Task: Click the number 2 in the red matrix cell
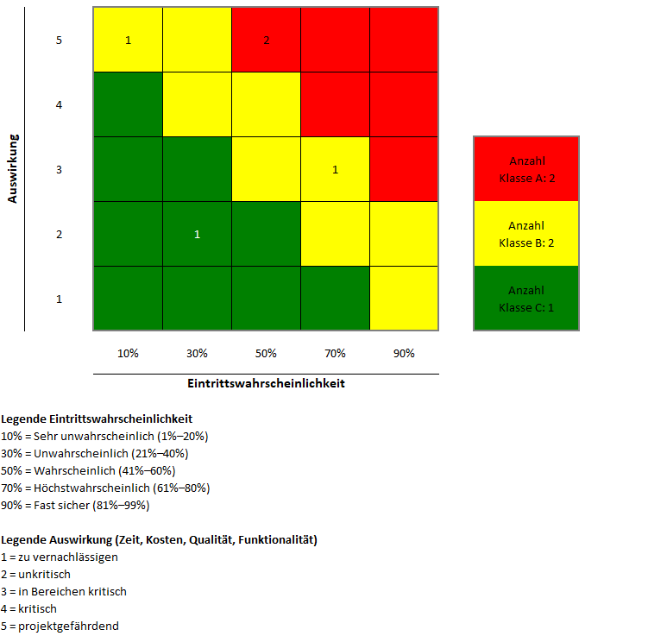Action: point(267,41)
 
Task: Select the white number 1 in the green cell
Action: point(197,235)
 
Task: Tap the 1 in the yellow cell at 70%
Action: point(335,170)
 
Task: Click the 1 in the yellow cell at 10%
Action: point(128,41)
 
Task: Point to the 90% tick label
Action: point(404,354)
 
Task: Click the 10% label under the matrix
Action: point(128,354)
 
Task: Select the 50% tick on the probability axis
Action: point(266,354)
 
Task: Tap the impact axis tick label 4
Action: point(59,105)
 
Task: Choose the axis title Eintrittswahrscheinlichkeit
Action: point(266,384)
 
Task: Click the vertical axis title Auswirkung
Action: point(13,168)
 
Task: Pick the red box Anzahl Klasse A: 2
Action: point(526,169)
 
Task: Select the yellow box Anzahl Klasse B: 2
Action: point(526,234)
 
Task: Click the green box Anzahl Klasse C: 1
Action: point(526,299)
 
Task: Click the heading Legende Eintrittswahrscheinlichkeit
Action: point(97,419)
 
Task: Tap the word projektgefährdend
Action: point(69,626)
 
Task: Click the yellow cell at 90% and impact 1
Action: point(404,299)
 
